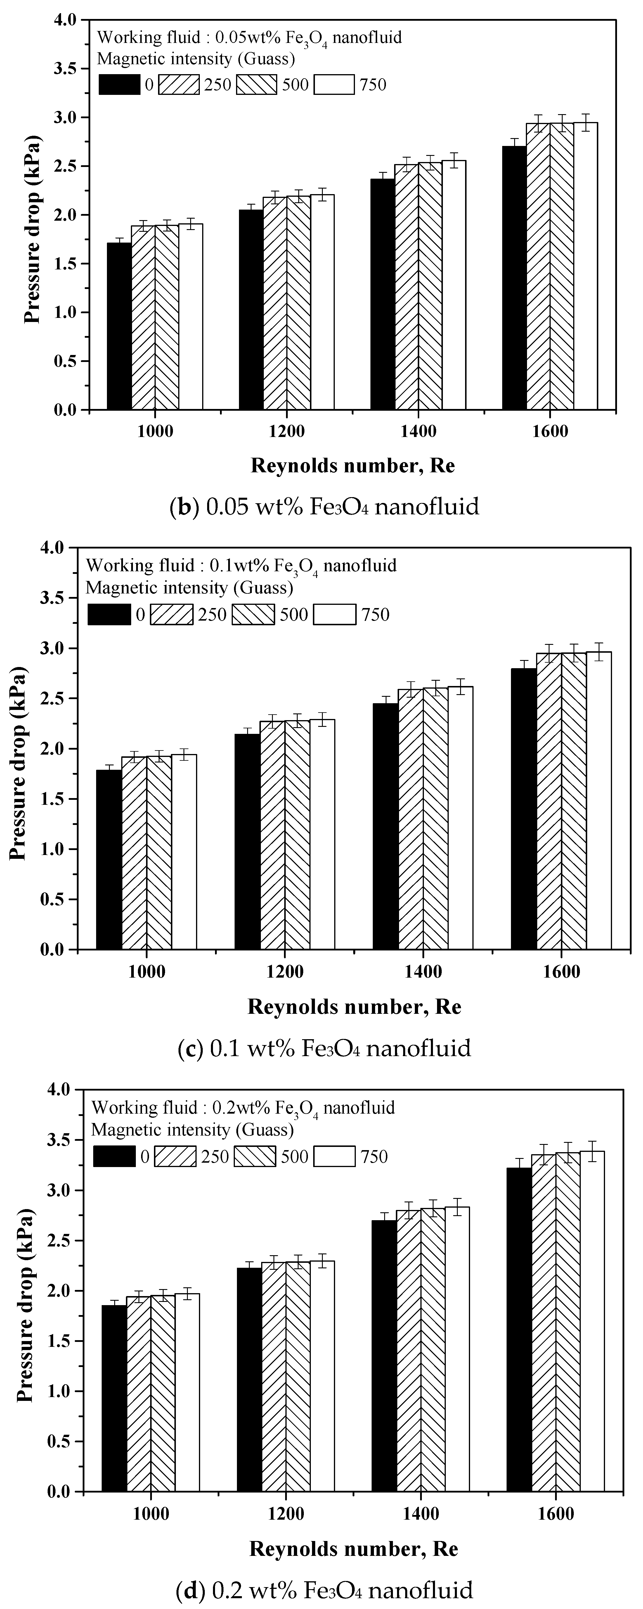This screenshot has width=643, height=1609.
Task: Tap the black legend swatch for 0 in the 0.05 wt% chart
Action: [119, 84]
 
